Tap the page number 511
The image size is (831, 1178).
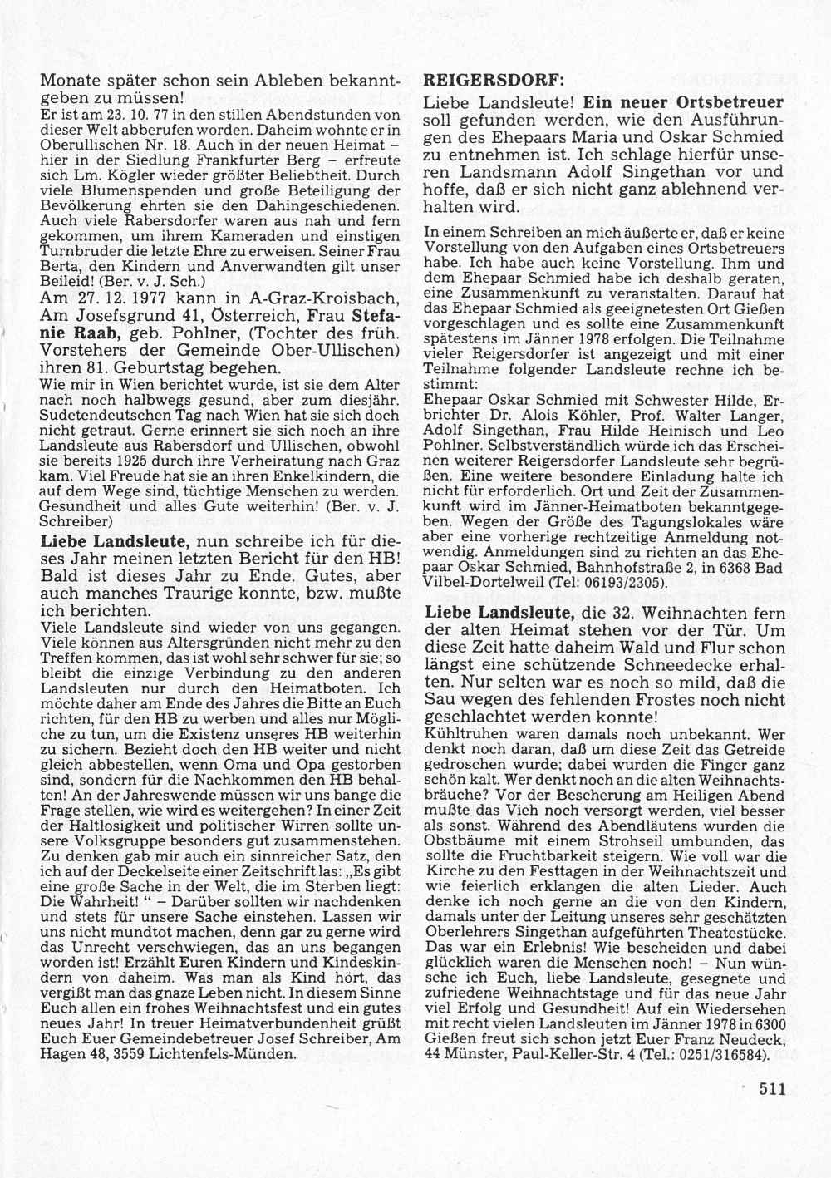click(x=772, y=1089)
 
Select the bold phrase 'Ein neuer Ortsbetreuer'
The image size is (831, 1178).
click(x=683, y=104)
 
